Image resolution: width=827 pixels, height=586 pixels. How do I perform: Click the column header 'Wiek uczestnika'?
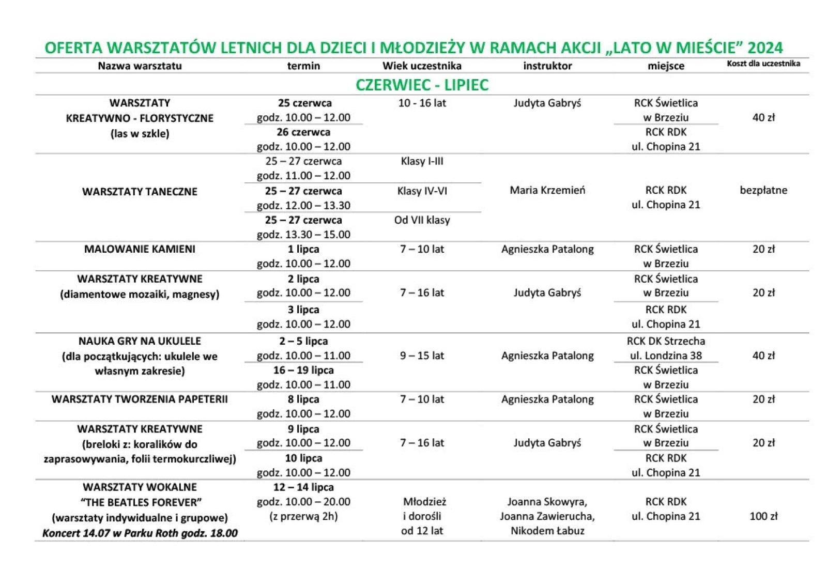click(x=422, y=66)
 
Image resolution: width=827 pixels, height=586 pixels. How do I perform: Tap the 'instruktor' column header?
click(x=547, y=66)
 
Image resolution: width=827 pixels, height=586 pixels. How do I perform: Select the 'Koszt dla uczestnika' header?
click(x=763, y=64)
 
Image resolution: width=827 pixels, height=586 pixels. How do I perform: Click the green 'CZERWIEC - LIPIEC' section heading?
click(x=422, y=84)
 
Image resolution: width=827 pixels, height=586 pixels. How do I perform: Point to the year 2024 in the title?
click(x=765, y=48)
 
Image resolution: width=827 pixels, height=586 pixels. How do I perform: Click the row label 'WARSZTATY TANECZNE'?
click(x=140, y=192)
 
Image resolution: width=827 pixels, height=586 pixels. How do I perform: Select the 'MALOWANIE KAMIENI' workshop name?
click(x=140, y=249)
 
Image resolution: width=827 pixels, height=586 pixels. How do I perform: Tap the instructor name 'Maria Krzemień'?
click(x=547, y=190)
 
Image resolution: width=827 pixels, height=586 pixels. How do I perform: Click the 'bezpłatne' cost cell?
click(x=763, y=190)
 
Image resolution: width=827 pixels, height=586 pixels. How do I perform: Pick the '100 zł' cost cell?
click(x=763, y=516)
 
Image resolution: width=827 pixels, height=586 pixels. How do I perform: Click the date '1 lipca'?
click(x=303, y=249)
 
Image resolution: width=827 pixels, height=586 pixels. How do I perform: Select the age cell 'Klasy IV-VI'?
click(x=422, y=191)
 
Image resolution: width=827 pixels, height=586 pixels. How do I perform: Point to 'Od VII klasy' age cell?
click(x=422, y=220)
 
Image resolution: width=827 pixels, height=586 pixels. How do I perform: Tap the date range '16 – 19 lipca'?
click(x=303, y=371)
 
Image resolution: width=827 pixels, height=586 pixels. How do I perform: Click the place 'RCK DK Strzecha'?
click(x=666, y=341)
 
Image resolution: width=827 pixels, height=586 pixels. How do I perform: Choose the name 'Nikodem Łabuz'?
click(x=547, y=531)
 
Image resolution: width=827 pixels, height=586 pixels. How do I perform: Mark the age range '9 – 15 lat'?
click(x=422, y=356)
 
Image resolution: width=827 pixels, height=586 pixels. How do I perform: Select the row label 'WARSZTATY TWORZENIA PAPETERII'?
click(x=140, y=399)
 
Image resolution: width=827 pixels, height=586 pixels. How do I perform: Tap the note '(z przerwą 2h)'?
click(x=303, y=516)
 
